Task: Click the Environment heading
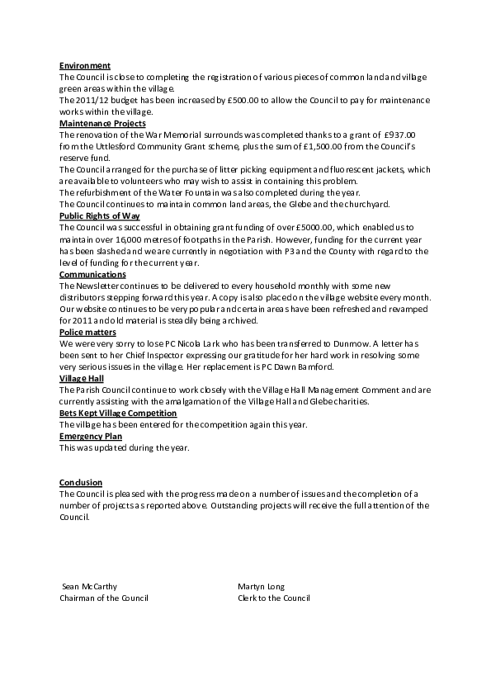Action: [x=85, y=65]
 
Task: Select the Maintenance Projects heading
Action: [x=102, y=123]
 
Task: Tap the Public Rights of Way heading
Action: [x=100, y=215]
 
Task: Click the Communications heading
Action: [x=92, y=273]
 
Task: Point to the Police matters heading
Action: [x=88, y=331]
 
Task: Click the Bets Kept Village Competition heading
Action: [x=118, y=412]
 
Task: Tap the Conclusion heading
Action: [x=81, y=482]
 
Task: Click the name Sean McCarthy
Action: [x=90, y=587]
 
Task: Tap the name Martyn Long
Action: [x=261, y=587]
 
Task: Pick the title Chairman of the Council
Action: [x=104, y=598]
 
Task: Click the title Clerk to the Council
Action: [x=273, y=598]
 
